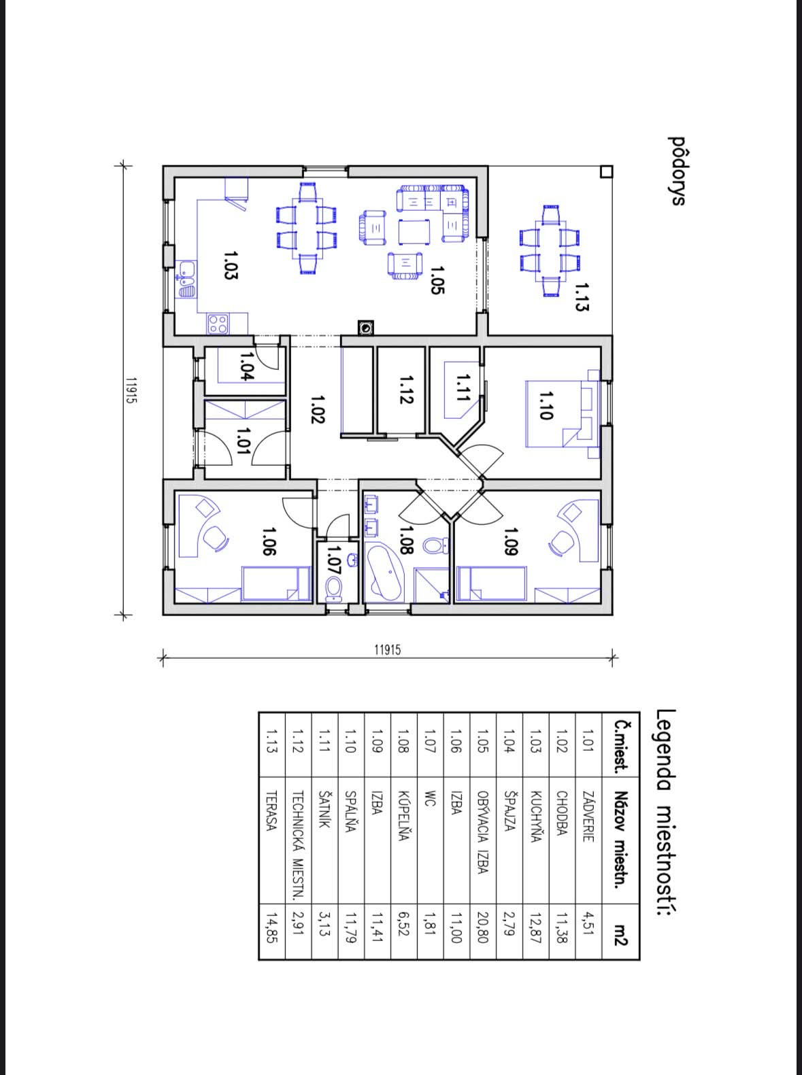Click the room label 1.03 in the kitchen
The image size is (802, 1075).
click(231, 265)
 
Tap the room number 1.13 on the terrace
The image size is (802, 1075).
click(581, 297)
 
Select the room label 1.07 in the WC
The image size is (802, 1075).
click(335, 560)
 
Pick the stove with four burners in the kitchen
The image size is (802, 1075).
click(218, 323)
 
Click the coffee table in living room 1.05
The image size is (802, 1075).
click(414, 232)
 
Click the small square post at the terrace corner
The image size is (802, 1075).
click(606, 171)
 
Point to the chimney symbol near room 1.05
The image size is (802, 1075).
click(366, 328)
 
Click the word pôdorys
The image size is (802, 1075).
click(677, 171)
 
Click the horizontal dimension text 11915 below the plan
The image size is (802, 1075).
click(388, 650)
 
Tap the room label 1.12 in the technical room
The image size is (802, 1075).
click(406, 390)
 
